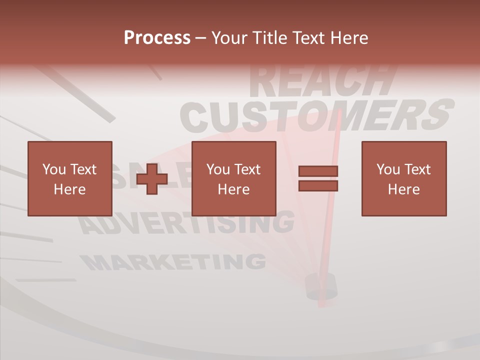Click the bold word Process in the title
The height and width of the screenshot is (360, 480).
157,38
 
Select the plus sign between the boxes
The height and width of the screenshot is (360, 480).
152,178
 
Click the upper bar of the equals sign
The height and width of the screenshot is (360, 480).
318,171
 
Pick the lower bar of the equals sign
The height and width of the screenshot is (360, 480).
318,186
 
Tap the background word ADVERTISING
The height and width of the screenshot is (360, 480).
187,223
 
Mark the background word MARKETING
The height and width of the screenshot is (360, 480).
172,261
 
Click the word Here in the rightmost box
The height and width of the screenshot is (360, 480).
403,189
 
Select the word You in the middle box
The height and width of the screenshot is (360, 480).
217,169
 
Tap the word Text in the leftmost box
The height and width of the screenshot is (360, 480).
83,169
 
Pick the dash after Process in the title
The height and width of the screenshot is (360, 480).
201,38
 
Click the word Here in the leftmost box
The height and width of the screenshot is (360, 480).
69,189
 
